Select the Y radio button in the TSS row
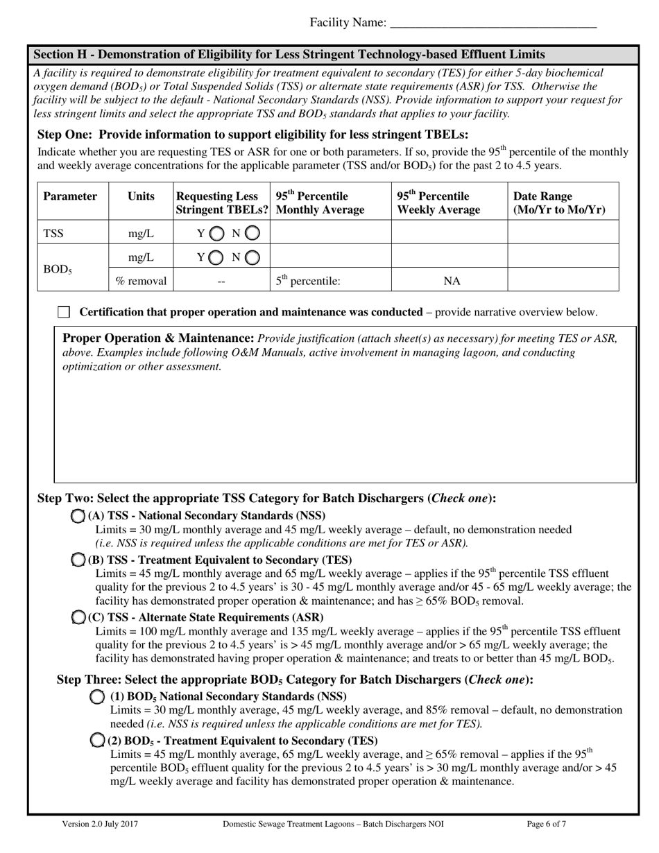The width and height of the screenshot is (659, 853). click(x=215, y=234)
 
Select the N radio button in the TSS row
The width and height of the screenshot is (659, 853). click(x=253, y=234)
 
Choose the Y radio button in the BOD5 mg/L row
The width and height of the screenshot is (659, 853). click(x=215, y=258)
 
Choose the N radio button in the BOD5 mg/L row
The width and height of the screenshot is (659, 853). click(x=253, y=258)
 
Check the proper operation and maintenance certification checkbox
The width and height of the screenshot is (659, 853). click(x=64, y=312)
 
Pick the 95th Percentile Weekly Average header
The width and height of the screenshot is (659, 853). click(x=434, y=203)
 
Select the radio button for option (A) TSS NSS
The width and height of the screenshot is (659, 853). click(x=79, y=515)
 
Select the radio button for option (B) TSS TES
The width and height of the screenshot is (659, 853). click(x=79, y=560)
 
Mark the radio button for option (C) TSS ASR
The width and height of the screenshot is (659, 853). click(x=79, y=617)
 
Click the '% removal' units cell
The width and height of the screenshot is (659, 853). click(x=141, y=281)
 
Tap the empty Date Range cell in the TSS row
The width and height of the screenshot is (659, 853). click(x=563, y=234)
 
